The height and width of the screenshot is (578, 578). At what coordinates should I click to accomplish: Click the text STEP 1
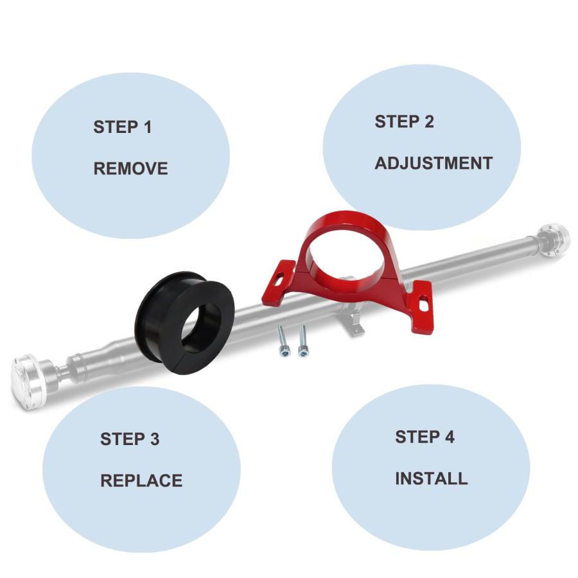click(x=123, y=127)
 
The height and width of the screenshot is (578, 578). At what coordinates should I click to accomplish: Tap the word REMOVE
click(x=130, y=168)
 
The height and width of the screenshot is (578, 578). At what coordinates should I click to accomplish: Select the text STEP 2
click(x=404, y=121)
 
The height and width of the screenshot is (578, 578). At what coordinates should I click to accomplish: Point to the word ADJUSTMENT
click(x=433, y=163)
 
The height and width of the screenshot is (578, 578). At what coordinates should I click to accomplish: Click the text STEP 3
click(x=130, y=439)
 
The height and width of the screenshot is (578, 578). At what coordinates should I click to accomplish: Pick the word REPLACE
click(x=141, y=480)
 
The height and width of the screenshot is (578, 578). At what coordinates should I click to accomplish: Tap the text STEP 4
click(x=425, y=437)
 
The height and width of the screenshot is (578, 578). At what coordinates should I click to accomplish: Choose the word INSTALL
click(x=432, y=478)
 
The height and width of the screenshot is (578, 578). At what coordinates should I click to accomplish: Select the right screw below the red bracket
click(x=303, y=340)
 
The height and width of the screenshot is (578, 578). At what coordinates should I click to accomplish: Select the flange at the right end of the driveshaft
click(x=554, y=240)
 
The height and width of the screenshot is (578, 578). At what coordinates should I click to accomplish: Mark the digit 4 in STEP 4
click(x=449, y=437)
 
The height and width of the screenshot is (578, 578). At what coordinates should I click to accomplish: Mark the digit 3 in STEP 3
click(x=154, y=439)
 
